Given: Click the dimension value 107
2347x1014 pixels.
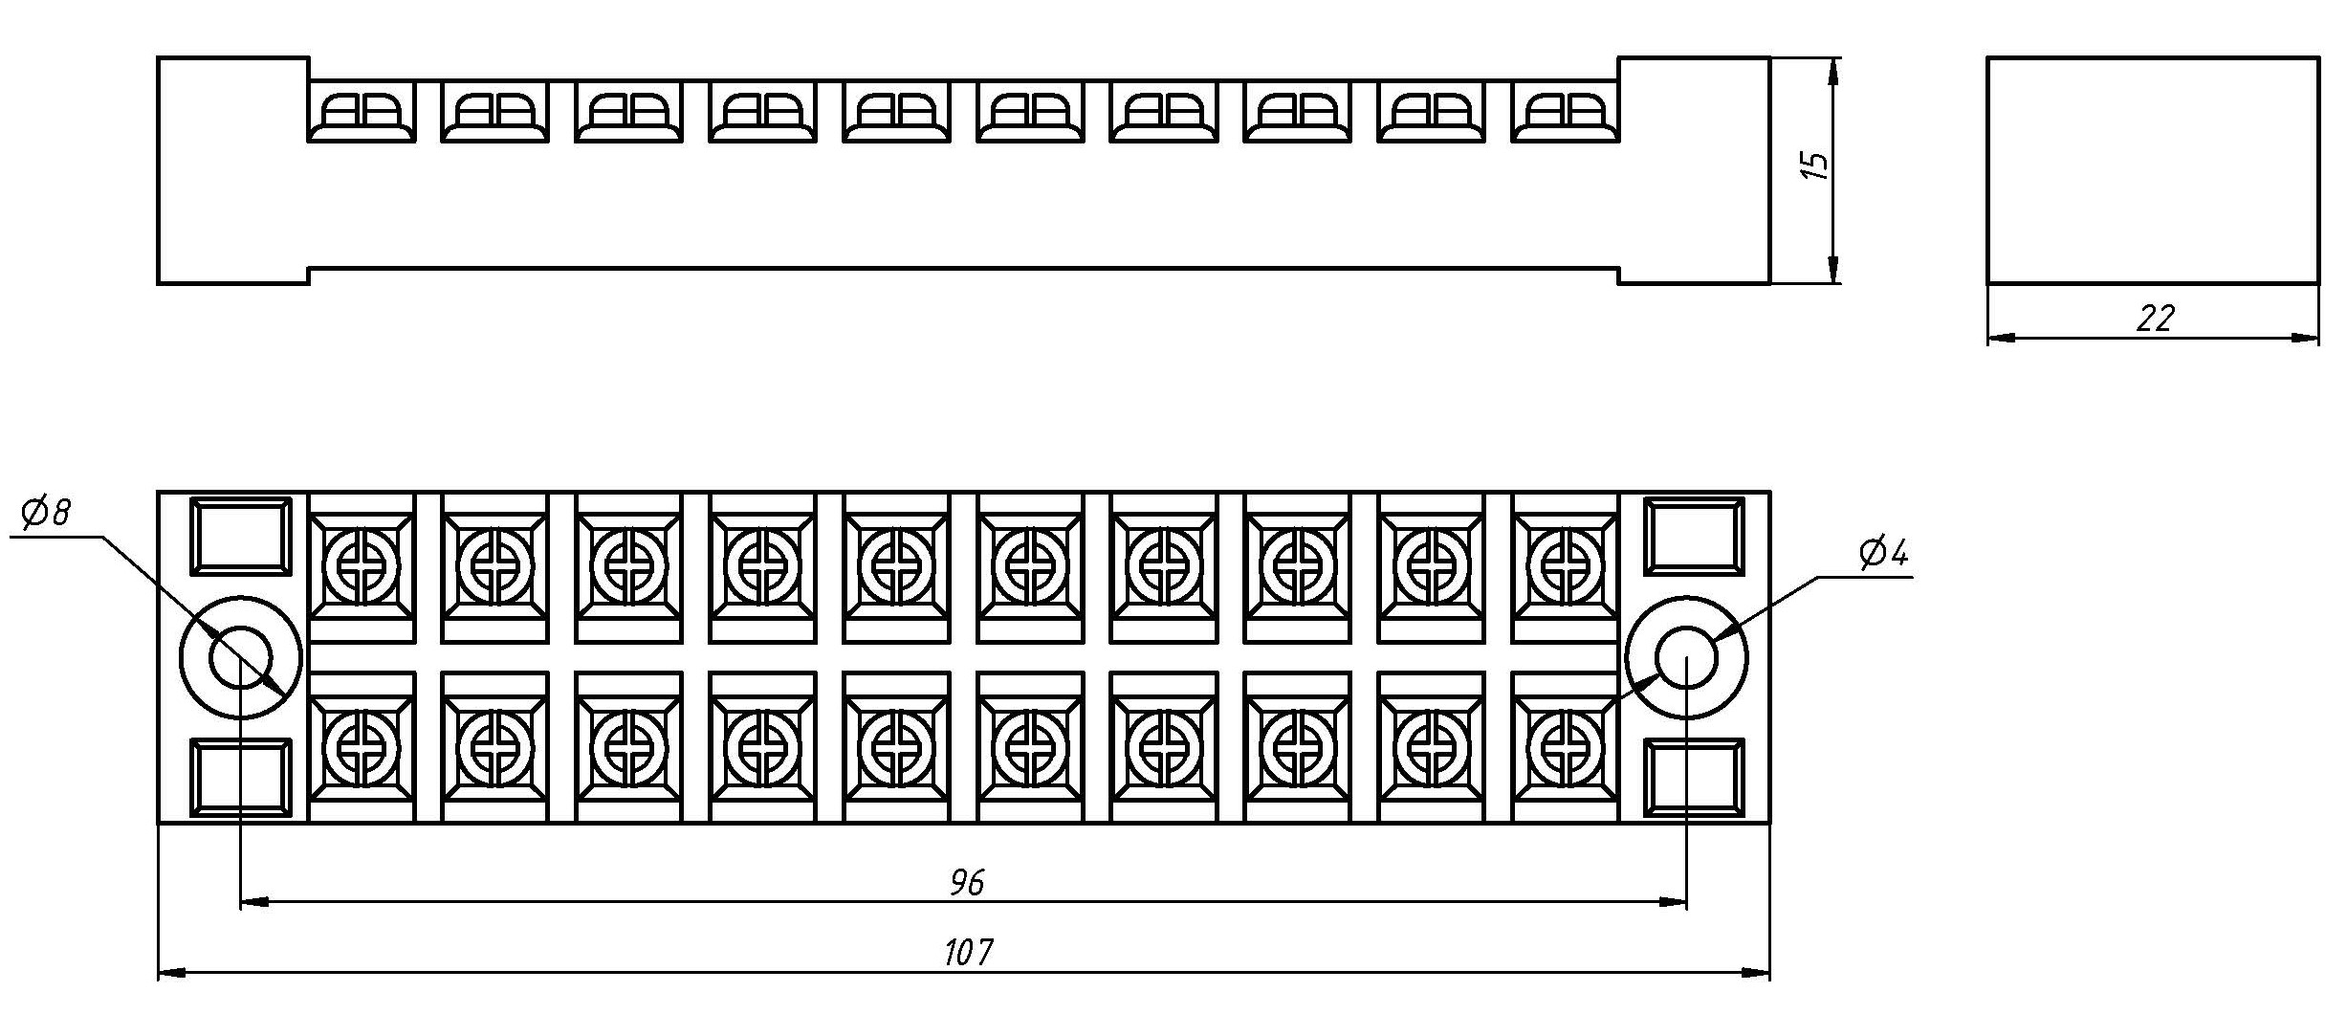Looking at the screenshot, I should click(x=969, y=953).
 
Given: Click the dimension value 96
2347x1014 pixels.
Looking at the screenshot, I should click(x=966, y=882).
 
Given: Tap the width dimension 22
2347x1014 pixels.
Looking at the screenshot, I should click(x=2155, y=319).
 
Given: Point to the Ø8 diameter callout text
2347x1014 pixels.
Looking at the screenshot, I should click(x=46, y=514).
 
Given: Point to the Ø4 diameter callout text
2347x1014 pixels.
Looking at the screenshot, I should click(x=1883, y=554).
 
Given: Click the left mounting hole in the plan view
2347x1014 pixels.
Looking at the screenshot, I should click(x=241, y=657).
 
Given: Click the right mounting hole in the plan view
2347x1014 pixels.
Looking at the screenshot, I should click(x=1687, y=657).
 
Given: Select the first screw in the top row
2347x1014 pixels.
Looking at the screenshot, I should click(x=362, y=565).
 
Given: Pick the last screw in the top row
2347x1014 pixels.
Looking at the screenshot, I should click(x=1565, y=565).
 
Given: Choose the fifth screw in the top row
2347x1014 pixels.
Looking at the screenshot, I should click(x=896, y=565).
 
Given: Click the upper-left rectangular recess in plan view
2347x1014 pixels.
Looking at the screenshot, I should click(x=241, y=536).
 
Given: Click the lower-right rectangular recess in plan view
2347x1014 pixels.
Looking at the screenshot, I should click(x=1695, y=778).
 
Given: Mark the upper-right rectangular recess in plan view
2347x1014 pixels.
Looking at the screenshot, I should click(x=1695, y=536).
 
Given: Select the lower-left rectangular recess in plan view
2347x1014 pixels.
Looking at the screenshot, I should click(x=241, y=778).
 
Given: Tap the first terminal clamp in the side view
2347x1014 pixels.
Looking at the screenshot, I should click(x=362, y=113).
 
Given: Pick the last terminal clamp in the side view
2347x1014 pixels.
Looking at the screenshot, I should click(x=1565, y=113).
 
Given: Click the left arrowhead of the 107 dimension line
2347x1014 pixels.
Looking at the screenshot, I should click(x=170, y=974).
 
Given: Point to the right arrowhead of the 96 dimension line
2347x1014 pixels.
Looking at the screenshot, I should click(x=1674, y=901).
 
